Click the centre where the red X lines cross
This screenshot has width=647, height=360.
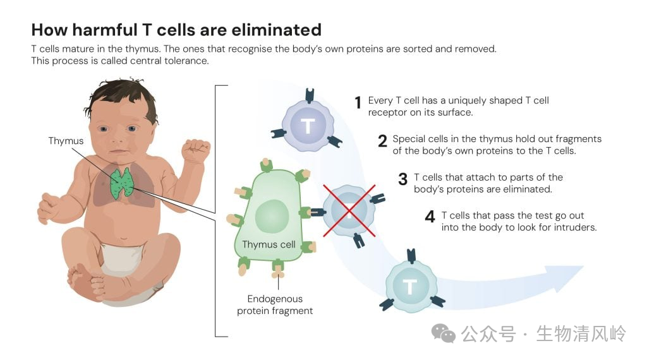[x=349, y=211]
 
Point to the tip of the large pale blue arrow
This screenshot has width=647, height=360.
[x=584, y=267]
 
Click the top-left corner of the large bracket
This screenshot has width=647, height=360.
[x=215, y=86]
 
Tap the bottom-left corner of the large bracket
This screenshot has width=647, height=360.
[x=215, y=337]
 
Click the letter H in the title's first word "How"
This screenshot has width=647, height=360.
[x=38, y=30]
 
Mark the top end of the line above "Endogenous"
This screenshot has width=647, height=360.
[x=278, y=273]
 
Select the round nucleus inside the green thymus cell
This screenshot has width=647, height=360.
[x=272, y=216]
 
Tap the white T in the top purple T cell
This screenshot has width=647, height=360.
[x=308, y=126]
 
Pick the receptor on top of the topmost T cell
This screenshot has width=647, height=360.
[x=310, y=95]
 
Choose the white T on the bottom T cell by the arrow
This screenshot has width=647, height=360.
[x=409, y=286]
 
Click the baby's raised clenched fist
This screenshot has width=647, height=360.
[x=196, y=150]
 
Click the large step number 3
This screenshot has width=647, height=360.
[x=402, y=179]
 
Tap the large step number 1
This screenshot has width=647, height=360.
[x=358, y=103]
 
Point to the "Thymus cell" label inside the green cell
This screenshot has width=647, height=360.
[x=269, y=244]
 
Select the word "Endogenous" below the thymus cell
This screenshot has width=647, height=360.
[x=275, y=299]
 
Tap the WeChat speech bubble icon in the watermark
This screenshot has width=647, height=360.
[x=444, y=333]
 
